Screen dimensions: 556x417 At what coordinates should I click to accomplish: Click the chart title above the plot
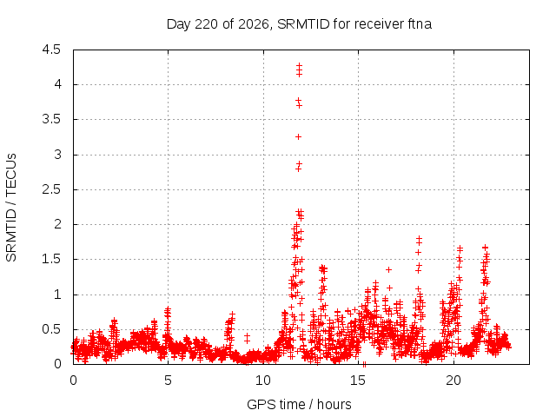(x=299, y=24)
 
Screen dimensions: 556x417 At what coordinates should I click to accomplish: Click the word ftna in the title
(x=419, y=24)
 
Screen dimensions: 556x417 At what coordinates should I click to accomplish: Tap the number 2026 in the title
(x=254, y=24)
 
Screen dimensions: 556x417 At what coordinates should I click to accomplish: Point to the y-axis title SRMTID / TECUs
(x=11, y=208)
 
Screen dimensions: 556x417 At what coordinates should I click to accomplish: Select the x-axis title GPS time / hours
(x=299, y=404)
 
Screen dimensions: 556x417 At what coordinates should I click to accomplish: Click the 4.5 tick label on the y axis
(x=51, y=50)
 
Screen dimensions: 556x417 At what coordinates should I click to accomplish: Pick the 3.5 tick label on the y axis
(x=51, y=120)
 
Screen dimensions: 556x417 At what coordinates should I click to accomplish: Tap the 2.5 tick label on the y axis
(x=51, y=189)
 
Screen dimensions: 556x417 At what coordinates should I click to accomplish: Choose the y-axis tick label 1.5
(x=51, y=259)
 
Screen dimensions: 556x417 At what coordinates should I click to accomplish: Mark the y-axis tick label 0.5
(x=51, y=329)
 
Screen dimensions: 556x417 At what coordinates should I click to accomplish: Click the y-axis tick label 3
(x=57, y=155)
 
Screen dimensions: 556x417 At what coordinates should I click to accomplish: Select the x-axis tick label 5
(x=168, y=381)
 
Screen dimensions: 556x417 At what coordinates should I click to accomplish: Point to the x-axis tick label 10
(x=263, y=381)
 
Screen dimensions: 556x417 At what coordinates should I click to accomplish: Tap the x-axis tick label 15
(x=358, y=381)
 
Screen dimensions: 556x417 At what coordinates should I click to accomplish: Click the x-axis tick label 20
(x=453, y=381)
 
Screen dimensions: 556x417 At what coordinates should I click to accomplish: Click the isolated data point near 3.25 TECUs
(x=299, y=137)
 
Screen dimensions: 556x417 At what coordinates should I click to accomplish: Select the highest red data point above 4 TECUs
(x=299, y=65)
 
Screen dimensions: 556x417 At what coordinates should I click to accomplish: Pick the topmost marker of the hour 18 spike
(x=419, y=239)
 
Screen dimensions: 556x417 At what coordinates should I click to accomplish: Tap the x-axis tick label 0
(x=73, y=381)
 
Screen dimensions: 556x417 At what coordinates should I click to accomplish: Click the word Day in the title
(x=179, y=24)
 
